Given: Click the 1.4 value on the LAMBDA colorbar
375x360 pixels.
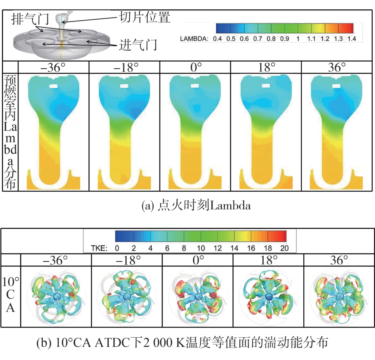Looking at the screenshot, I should tap(351, 38).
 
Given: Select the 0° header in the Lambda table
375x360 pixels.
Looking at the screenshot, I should tap(195, 67).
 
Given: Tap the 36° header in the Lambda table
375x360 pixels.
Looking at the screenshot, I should tap(337, 67).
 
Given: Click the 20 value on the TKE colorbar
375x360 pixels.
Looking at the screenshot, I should tap(284, 248).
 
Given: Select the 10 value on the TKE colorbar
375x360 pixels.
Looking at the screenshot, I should tap(201, 248).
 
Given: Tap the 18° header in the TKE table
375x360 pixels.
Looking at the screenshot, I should tap(268, 260).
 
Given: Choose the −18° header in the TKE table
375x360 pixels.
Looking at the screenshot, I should tap(127, 260).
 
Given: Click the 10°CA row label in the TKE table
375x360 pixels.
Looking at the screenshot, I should tap(11, 294).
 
